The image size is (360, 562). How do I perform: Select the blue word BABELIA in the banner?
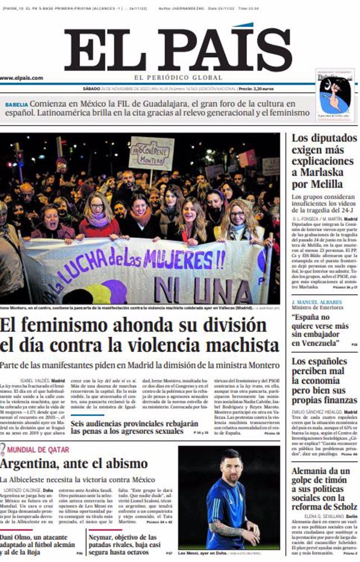point(16,105)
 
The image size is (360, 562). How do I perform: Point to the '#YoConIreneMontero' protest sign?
point(151,153)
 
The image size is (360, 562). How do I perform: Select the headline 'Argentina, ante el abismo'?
point(76,464)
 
